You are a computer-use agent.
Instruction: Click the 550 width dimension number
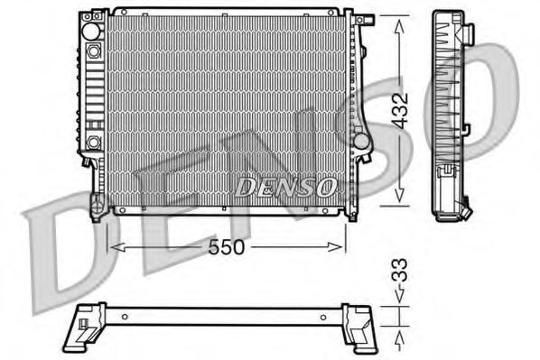pos(227,246)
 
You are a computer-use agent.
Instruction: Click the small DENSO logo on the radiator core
pos(285,186)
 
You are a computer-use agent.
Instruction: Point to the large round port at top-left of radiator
pos(92,31)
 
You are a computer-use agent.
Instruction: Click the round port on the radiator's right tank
pos(360,142)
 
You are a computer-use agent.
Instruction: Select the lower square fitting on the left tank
pos(93,141)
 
